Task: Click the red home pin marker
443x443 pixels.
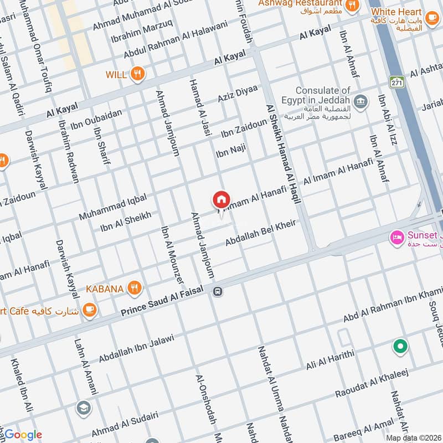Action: (221, 200)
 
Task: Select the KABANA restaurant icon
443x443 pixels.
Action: (133, 288)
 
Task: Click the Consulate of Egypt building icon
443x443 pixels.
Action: (361, 102)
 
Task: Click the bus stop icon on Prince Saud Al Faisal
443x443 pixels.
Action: (218, 291)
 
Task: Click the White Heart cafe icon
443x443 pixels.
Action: (431, 20)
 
